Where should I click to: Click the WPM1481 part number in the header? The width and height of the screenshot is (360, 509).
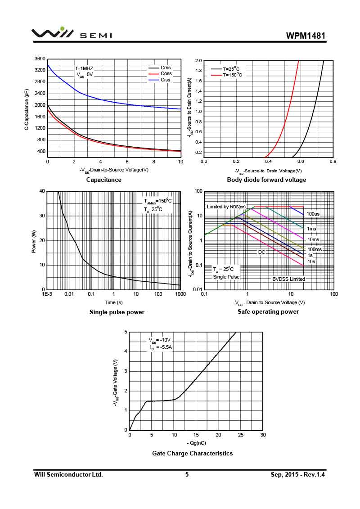point(306,36)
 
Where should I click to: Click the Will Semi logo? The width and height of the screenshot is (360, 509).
point(72,33)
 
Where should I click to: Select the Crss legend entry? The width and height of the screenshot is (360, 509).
point(166,68)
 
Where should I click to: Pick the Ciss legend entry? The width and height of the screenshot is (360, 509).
point(166,80)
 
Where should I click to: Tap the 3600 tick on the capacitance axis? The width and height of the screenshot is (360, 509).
point(40,59)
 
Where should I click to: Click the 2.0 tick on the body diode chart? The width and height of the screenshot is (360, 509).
point(198,61)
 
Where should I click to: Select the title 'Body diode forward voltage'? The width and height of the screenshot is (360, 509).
point(266,180)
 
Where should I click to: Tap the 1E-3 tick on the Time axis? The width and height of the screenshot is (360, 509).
point(47,294)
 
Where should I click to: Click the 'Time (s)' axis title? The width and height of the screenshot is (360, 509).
point(113,302)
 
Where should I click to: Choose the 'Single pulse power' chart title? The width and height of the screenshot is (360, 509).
point(117,312)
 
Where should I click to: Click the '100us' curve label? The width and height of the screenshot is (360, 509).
point(313,214)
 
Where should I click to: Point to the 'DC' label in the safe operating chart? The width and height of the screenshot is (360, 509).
point(261,252)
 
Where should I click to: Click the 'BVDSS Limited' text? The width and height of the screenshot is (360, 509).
point(288,279)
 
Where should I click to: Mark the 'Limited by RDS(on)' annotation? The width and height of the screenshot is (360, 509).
point(226,207)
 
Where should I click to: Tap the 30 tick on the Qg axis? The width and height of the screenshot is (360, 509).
point(263,435)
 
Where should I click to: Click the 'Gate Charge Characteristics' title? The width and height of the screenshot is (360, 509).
point(193,453)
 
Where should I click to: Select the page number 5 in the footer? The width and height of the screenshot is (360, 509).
point(187,474)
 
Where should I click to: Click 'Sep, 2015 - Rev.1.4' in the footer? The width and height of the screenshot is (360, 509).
point(297,474)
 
